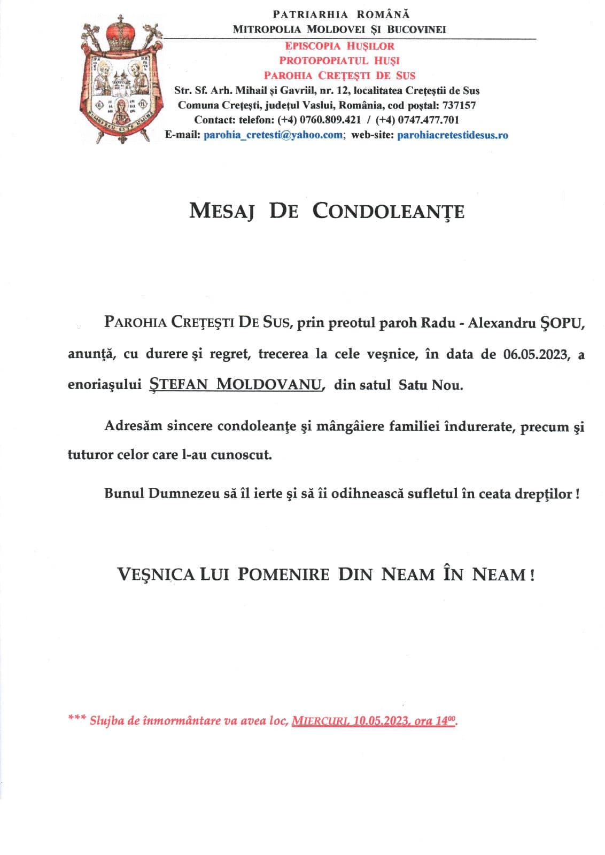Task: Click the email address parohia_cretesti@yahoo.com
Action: coord(273,135)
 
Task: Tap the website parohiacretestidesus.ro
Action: coord(453,135)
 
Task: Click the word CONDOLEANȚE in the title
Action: coord(388,211)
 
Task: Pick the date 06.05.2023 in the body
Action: coord(536,354)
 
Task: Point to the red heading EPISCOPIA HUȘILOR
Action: coord(339,46)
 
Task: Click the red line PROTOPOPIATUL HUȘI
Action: coord(339,60)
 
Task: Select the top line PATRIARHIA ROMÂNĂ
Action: coord(341,14)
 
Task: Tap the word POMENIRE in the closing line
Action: coord(283,574)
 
